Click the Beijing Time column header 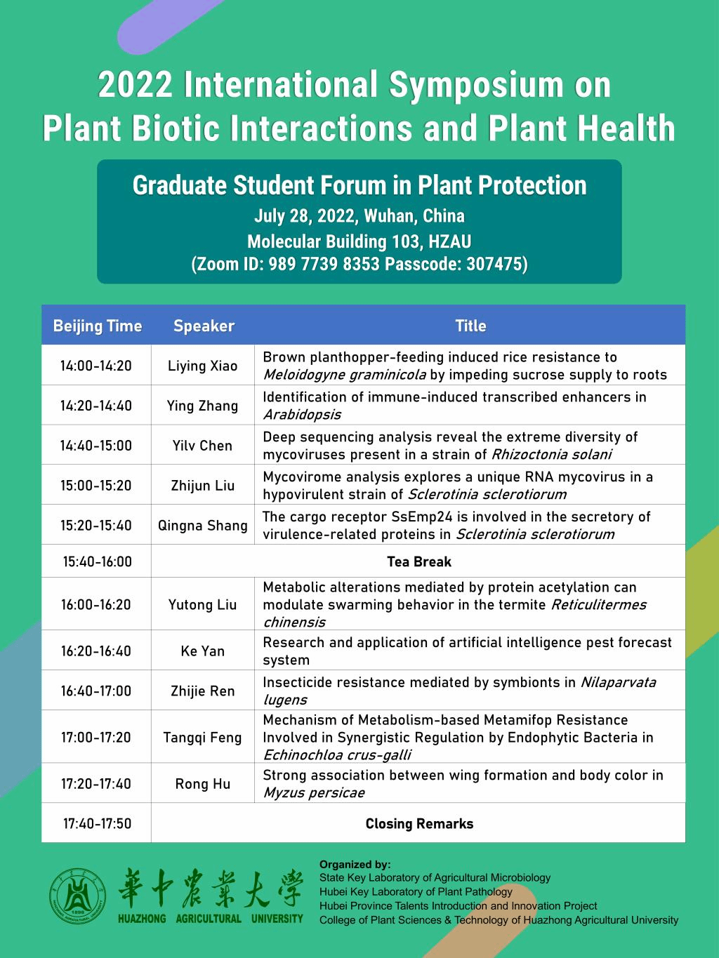[x=97, y=326]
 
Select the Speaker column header [x=204, y=326]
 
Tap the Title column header [x=470, y=326]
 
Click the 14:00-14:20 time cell [x=96, y=366]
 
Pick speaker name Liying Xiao [x=202, y=366]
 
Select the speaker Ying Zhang [x=202, y=406]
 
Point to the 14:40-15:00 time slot [x=96, y=446]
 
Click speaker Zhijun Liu [x=202, y=486]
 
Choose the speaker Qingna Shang [x=202, y=526]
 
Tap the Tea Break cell [x=418, y=561]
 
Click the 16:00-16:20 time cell [x=96, y=604]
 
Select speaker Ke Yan [x=202, y=651]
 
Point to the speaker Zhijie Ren [x=202, y=691]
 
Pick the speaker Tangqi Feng [x=202, y=738]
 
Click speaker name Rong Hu [x=202, y=784]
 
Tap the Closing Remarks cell [x=419, y=824]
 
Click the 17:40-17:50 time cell [x=97, y=824]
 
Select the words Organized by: [x=355, y=865]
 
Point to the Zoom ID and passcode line [x=359, y=265]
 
